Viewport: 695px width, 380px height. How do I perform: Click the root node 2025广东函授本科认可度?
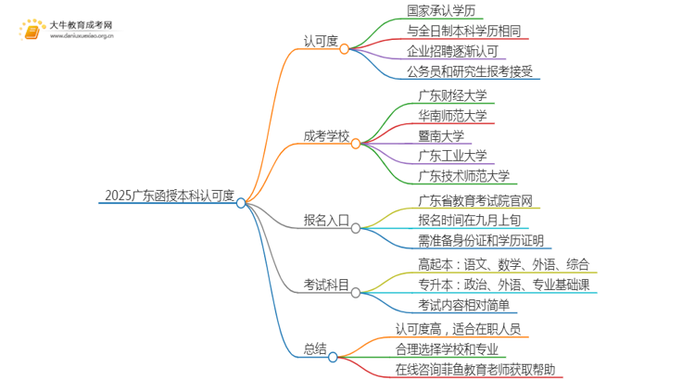coord(171,196)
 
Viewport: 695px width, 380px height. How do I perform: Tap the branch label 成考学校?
coord(326,134)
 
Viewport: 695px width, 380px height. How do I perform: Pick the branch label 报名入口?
coord(326,222)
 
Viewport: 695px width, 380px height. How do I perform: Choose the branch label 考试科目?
coord(326,285)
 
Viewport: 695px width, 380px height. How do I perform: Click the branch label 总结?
coord(314,348)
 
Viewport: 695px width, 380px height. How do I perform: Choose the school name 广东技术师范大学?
coord(462,176)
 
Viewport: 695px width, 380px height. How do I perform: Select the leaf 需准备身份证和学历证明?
coord(481,241)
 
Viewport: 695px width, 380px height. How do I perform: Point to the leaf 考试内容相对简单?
coord(463,305)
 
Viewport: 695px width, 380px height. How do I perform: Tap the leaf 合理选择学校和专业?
coord(447,349)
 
